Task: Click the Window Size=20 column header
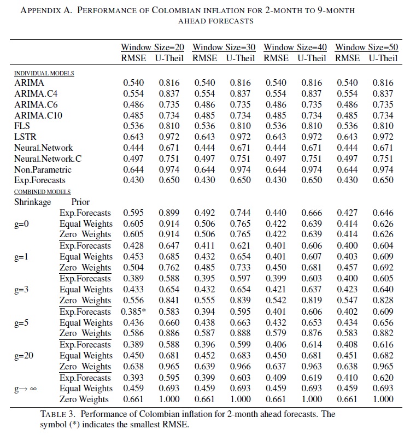[x=153, y=48]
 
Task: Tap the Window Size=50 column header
[x=366, y=48]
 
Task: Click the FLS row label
[x=23, y=126]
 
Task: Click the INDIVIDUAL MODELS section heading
[x=44, y=73]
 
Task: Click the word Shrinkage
[x=33, y=202]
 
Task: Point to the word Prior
[x=80, y=202]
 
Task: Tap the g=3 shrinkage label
[x=23, y=290]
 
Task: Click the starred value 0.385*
[x=135, y=311]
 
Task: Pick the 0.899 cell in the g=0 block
[x=169, y=213]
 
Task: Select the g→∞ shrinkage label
[x=27, y=388]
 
